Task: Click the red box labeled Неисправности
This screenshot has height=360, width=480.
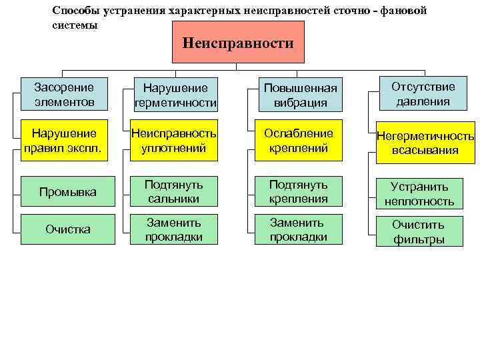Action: (x=238, y=42)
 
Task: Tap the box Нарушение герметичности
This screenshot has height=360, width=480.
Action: (x=175, y=95)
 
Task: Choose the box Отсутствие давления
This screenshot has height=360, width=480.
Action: (x=423, y=94)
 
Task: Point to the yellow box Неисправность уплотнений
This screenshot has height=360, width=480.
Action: (x=175, y=139)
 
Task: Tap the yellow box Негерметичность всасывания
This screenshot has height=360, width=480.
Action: (x=425, y=143)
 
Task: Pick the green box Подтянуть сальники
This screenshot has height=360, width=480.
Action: (x=175, y=191)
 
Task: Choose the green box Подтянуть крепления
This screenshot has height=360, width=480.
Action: (x=298, y=191)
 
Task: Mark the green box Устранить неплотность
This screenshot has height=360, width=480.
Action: (x=420, y=193)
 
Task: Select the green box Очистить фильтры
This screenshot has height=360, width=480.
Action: (x=418, y=231)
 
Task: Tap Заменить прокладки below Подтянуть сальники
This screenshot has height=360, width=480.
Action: (x=175, y=229)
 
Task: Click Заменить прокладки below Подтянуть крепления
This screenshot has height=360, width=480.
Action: (x=298, y=229)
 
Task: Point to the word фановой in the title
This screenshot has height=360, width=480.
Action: (x=403, y=11)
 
